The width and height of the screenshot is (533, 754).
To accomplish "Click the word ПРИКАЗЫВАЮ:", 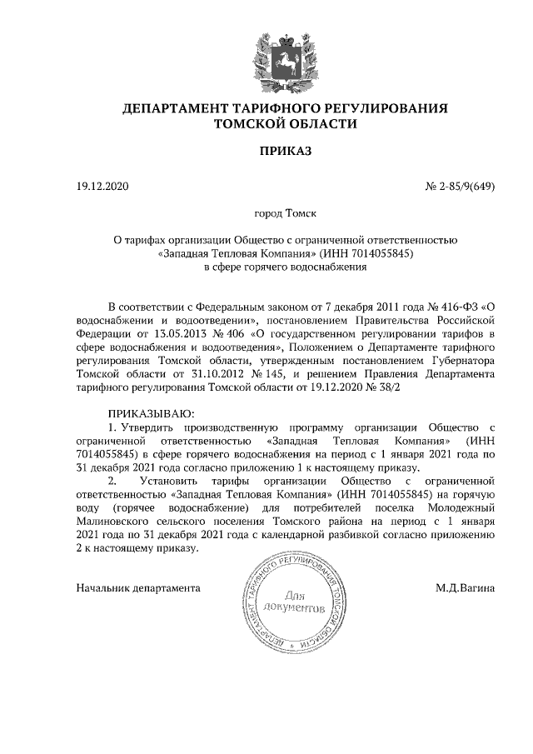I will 151,414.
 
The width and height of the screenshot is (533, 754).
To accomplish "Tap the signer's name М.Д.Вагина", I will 465,588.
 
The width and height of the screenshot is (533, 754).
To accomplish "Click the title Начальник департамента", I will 137,588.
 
